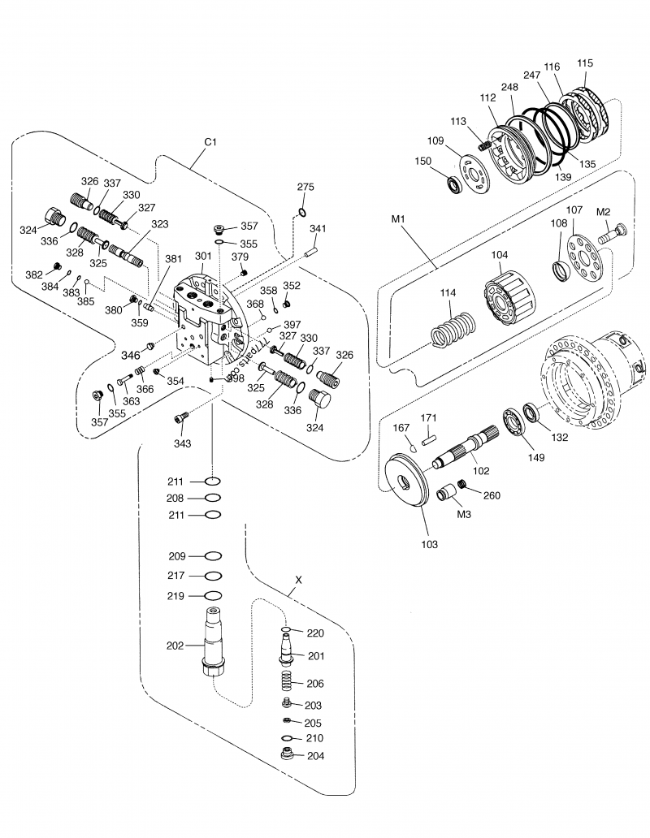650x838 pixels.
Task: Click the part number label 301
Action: tap(202, 256)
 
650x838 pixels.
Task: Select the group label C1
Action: tap(210, 142)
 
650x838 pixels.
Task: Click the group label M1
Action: tap(399, 218)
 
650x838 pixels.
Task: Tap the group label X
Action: tap(298, 580)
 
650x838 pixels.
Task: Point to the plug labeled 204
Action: tap(286, 755)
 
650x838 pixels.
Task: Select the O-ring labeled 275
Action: tap(301, 213)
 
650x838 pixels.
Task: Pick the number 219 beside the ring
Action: tap(175, 595)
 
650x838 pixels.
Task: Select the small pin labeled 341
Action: tap(310, 253)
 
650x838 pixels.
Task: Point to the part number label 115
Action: tap(585, 63)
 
